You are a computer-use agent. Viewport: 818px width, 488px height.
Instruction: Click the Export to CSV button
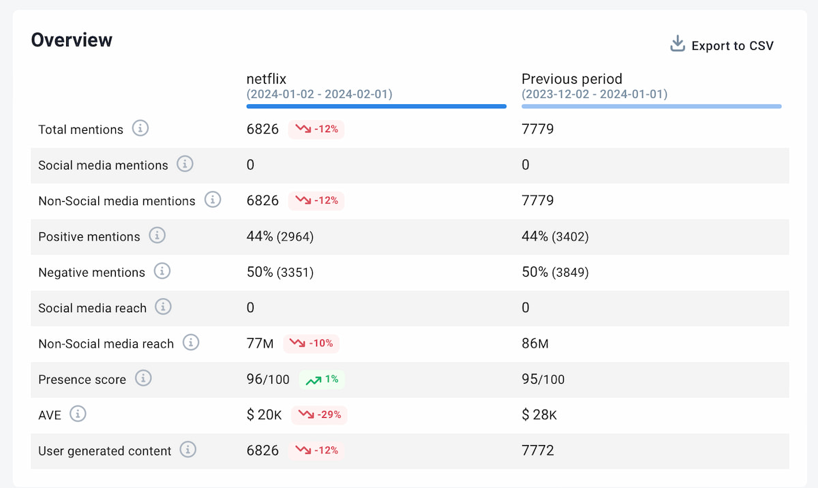point(723,46)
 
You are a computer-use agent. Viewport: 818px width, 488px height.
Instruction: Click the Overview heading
point(72,40)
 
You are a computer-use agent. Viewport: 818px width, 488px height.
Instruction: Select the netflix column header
point(267,79)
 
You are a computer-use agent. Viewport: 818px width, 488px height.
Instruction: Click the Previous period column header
point(572,79)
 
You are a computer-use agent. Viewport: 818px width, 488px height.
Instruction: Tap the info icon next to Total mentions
point(140,128)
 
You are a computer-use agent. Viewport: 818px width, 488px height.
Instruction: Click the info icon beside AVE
point(78,414)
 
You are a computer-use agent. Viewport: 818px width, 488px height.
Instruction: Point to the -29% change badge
point(319,414)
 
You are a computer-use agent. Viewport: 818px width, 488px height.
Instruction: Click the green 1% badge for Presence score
point(322,379)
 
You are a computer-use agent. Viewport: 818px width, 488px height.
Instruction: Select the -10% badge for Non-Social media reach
point(311,344)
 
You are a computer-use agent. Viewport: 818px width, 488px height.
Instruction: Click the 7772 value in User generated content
point(538,451)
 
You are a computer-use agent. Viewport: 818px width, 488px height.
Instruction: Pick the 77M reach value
point(260,344)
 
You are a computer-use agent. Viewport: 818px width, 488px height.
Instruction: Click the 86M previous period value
point(535,344)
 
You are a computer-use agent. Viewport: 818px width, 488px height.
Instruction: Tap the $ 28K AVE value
point(539,415)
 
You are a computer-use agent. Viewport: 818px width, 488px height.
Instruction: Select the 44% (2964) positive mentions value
point(280,237)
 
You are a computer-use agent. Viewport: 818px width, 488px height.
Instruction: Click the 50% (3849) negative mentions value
point(555,272)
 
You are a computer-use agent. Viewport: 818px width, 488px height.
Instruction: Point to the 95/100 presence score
point(543,379)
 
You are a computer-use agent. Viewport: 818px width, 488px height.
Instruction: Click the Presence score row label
point(82,380)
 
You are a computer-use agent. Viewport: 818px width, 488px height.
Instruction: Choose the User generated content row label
point(105,451)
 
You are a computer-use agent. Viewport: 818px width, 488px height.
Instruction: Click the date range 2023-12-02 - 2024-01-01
point(594,95)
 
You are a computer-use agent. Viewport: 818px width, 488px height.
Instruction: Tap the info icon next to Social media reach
point(163,307)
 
